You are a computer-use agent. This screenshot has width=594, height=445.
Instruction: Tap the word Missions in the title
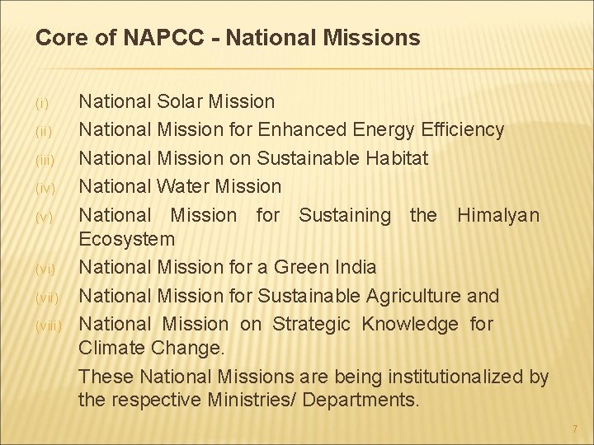click(372, 38)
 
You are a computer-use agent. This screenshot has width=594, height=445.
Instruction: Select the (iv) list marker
click(45, 189)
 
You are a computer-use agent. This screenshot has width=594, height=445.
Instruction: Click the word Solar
click(182, 102)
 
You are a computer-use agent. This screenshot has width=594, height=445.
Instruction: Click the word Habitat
click(392, 158)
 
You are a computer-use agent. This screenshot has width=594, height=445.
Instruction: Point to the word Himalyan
click(498, 216)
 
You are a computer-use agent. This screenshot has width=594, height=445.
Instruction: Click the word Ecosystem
click(126, 240)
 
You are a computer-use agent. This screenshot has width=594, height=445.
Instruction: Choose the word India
click(356, 268)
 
